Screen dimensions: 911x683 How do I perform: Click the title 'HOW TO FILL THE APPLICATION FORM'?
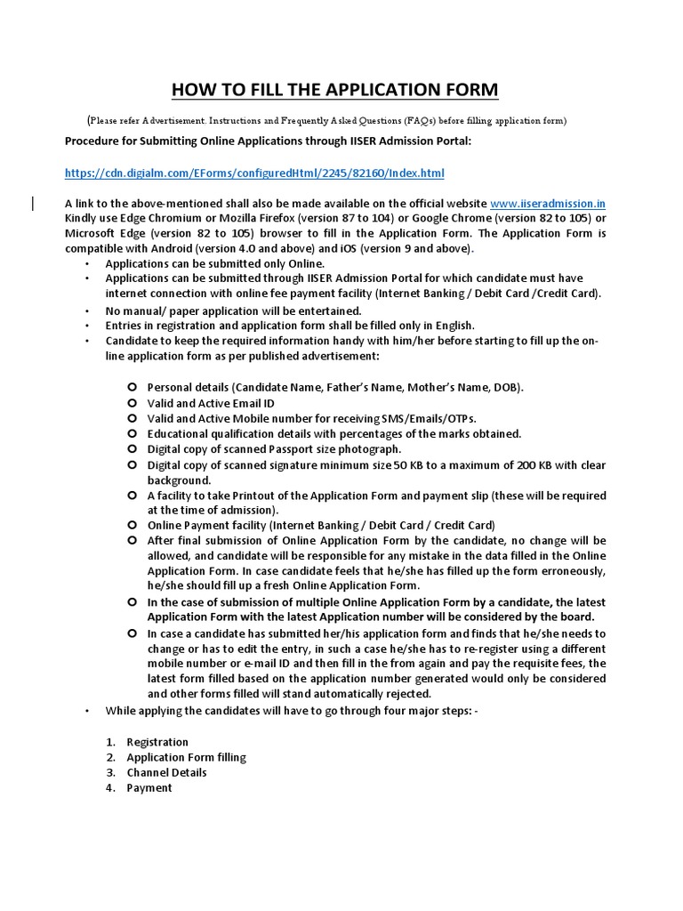pos(334,90)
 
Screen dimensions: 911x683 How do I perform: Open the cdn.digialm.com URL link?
pos(254,173)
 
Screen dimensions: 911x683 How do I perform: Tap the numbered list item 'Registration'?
pos(157,742)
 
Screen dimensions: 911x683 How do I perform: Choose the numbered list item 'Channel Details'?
pos(166,772)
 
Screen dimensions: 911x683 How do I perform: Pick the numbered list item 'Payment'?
pos(149,787)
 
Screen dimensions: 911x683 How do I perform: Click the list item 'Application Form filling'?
pos(186,757)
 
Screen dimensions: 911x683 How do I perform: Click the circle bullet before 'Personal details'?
pos(131,388)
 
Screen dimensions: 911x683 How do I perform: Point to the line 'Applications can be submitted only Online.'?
pos(215,264)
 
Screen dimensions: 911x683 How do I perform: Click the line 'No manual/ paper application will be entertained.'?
pos(233,310)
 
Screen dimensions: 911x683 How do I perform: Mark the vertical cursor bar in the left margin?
pos(33,205)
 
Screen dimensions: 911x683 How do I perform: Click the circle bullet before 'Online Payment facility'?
pos(131,525)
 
